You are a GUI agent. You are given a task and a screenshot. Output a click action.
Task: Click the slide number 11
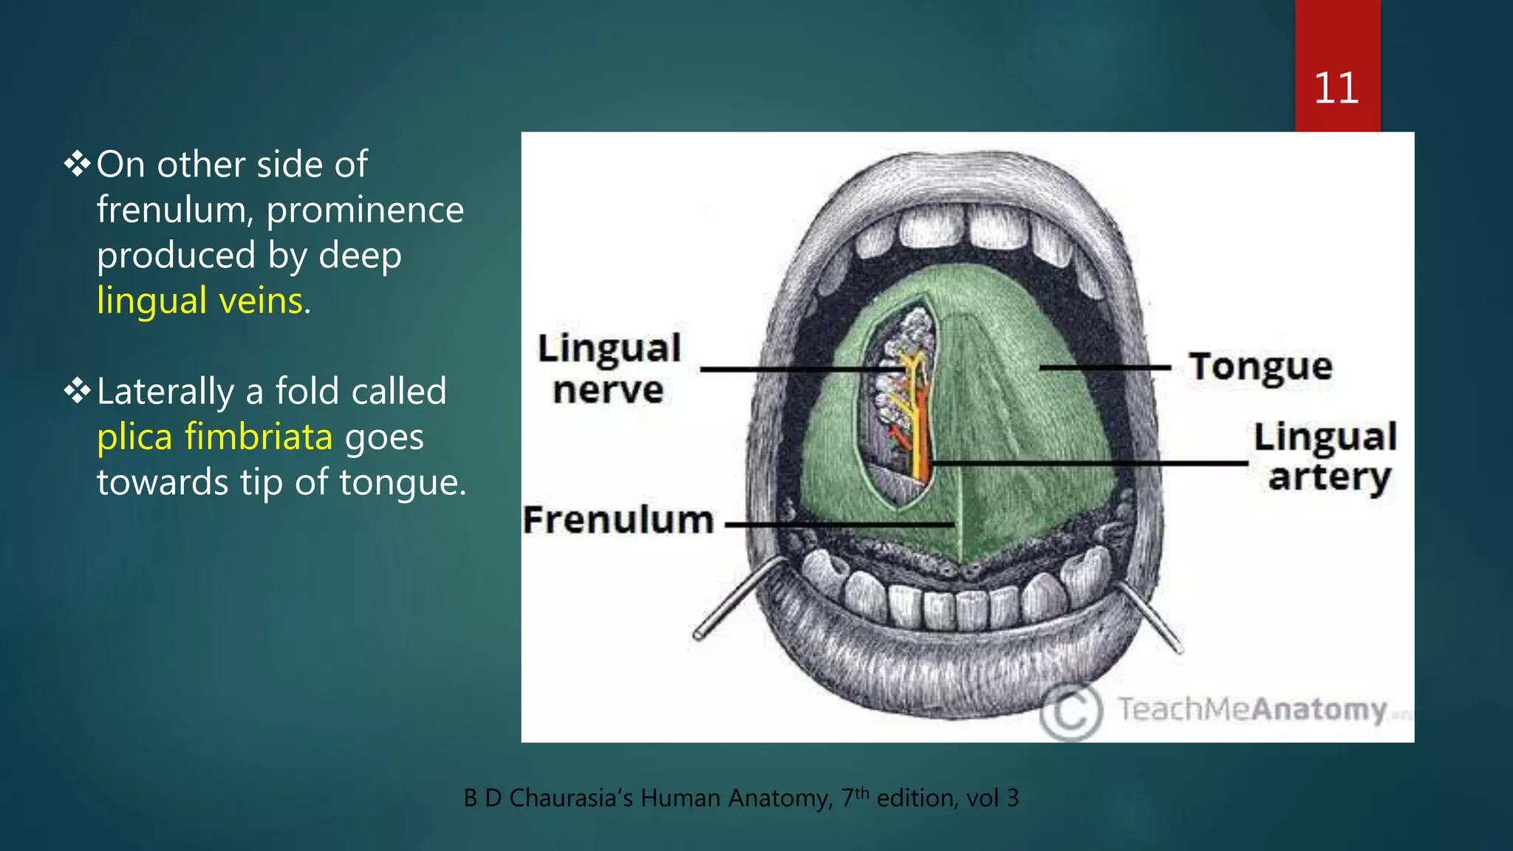coord(1336,89)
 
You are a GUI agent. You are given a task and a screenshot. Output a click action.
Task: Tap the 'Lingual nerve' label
coord(609,369)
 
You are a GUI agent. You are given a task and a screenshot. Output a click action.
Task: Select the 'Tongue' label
coord(1260,366)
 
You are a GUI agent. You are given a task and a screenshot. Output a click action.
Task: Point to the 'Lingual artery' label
coord(1325,457)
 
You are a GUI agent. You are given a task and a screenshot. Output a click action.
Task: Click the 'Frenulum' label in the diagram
coord(618,520)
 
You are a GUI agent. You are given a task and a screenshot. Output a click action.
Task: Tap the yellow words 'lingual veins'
coord(200,301)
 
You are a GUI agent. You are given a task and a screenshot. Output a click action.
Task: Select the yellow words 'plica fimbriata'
coord(214,437)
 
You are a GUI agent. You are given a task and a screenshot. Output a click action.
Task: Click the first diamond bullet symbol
coord(77,164)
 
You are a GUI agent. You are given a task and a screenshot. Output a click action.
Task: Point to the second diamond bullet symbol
coord(77,391)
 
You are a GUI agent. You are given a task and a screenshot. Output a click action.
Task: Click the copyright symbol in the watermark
coord(1071,711)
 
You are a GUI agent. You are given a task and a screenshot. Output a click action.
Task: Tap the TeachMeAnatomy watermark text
coord(1251,709)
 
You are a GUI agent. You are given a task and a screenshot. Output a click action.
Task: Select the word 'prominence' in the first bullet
coord(365,211)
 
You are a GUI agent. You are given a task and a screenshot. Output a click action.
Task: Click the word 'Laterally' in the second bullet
coord(165,392)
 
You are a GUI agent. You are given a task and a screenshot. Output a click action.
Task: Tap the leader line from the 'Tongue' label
coord(1104,366)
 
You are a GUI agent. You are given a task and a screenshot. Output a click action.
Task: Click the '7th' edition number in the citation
coord(855,797)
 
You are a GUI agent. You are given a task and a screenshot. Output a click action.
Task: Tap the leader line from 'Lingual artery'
coord(1090,463)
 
